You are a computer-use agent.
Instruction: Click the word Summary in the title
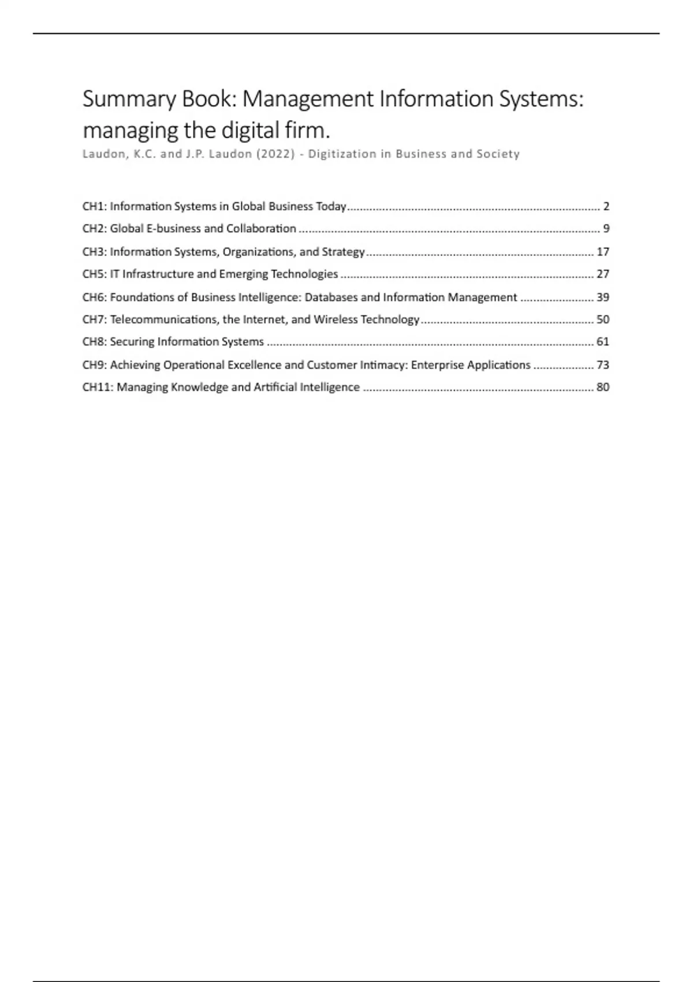pos(129,99)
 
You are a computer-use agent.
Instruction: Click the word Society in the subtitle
pos(498,154)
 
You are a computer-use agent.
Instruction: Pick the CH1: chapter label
pos(95,206)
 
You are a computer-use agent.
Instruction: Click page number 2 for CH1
pos(606,206)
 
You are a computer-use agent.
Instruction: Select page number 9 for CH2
pos(606,229)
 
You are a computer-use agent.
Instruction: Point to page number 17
pos(603,252)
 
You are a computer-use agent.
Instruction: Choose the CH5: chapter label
pos(95,274)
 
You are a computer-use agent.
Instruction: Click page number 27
pos(603,274)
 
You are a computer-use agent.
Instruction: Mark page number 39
pos(603,297)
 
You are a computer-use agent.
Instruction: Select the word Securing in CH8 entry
pos(132,342)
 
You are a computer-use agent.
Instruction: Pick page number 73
pos(603,365)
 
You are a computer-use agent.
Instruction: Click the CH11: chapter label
pos(98,387)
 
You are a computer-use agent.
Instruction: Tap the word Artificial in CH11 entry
pos(275,387)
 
